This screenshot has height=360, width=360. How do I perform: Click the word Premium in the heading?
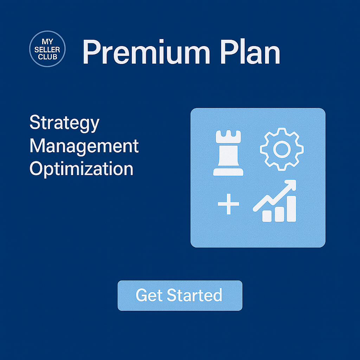point(146,52)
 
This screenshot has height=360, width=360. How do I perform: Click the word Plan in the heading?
point(250,52)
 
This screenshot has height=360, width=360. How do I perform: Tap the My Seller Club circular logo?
point(47,49)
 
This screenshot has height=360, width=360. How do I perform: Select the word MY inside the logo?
point(47,41)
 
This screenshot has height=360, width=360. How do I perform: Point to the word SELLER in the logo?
point(47,49)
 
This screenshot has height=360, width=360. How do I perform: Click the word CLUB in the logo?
point(47,57)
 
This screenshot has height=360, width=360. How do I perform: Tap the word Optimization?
point(82,169)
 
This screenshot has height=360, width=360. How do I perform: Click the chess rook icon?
point(228,153)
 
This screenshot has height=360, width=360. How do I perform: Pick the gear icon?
point(282,149)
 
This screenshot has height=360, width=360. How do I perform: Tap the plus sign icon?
point(229,204)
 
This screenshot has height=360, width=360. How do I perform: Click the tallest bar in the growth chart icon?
point(291,209)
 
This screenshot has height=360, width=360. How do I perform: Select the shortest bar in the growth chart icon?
point(267,216)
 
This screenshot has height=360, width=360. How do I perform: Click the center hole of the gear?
point(282,149)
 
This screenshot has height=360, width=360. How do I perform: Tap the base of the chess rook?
point(228,172)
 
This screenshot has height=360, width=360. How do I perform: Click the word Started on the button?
point(194,295)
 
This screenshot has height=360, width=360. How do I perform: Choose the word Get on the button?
point(149,295)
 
